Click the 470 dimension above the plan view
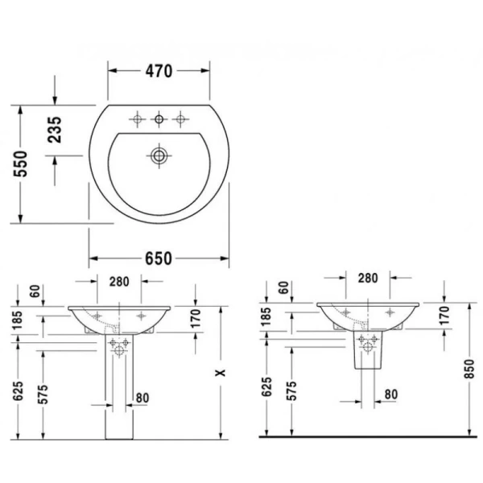(159, 71)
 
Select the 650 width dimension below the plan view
(159, 258)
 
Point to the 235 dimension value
(55, 129)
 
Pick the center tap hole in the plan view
(159, 119)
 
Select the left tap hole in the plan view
(138, 119)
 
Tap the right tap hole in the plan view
(180, 119)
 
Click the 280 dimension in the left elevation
(119, 281)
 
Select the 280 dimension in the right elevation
(367, 278)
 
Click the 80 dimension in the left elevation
(142, 397)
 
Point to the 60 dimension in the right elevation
(283, 287)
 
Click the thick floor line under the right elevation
(367, 436)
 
